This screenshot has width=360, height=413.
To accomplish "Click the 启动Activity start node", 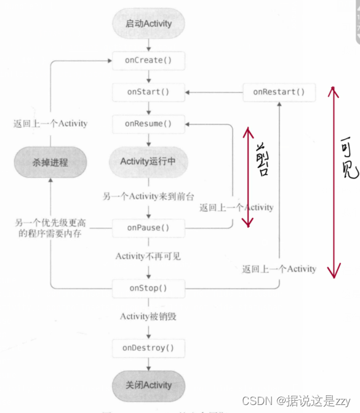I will [148, 24].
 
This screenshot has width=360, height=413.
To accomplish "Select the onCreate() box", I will [148, 60].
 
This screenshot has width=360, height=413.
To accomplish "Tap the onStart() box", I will [148, 92].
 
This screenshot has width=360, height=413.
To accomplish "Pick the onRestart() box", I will [279, 92].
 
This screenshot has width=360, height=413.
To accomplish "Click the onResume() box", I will [148, 124].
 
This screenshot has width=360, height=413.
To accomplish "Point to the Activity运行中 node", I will [148, 162].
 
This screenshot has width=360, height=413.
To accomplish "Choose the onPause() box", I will [148, 228].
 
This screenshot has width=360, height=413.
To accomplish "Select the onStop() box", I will [148, 288].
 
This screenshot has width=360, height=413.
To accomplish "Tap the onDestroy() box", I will [148, 348].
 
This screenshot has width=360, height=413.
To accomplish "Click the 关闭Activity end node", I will [148, 385].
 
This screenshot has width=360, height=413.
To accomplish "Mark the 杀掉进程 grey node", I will [50, 162].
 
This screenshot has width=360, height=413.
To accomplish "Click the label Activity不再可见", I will [148, 256].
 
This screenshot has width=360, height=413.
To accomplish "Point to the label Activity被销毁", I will [148, 316].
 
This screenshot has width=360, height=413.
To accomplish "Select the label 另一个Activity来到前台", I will [148, 196].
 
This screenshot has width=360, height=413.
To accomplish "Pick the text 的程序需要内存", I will [50, 233].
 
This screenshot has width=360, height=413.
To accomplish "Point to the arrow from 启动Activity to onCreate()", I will [148, 46].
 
